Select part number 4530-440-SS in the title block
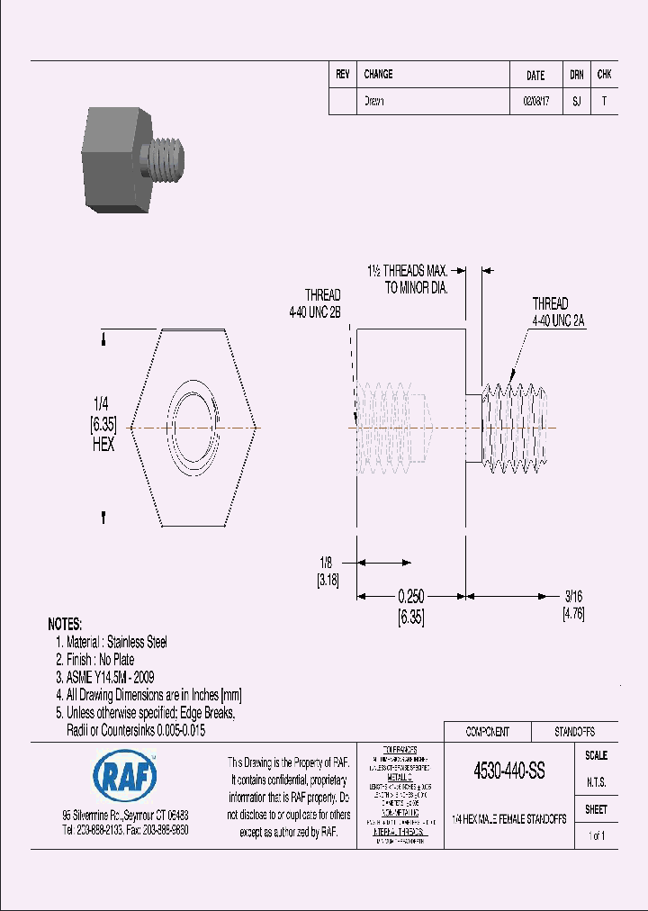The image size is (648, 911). [508, 772]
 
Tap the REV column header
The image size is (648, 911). [342, 75]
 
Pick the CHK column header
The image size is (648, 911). [604, 75]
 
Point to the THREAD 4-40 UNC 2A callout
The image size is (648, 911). [550, 311]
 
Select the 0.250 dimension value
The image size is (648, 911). [410, 597]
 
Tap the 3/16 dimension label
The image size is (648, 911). [573, 597]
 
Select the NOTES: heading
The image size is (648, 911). [65, 624]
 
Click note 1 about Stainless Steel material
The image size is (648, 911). [111, 642]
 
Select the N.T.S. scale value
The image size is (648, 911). [596, 782]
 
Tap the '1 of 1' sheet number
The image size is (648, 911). [596, 836]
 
